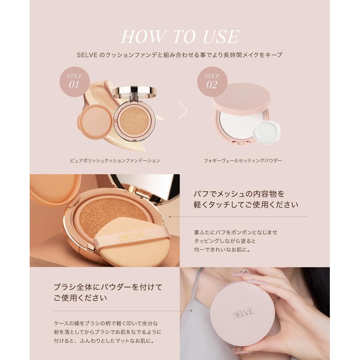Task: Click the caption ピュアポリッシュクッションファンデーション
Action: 115,160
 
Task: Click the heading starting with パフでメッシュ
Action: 239,195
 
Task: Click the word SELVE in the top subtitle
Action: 87,54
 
